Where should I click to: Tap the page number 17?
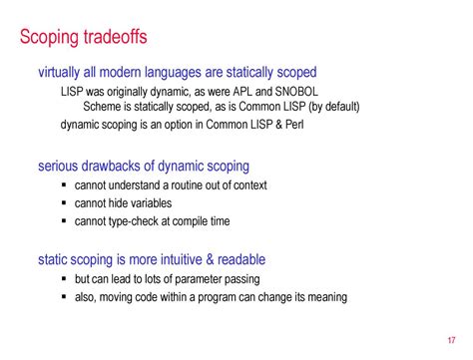[x=452, y=336]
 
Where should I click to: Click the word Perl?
[x=301, y=125]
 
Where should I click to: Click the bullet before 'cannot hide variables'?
[x=66, y=203]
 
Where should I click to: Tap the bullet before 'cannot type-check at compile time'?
[x=66, y=221]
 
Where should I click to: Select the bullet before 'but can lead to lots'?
[x=66, y=279]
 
